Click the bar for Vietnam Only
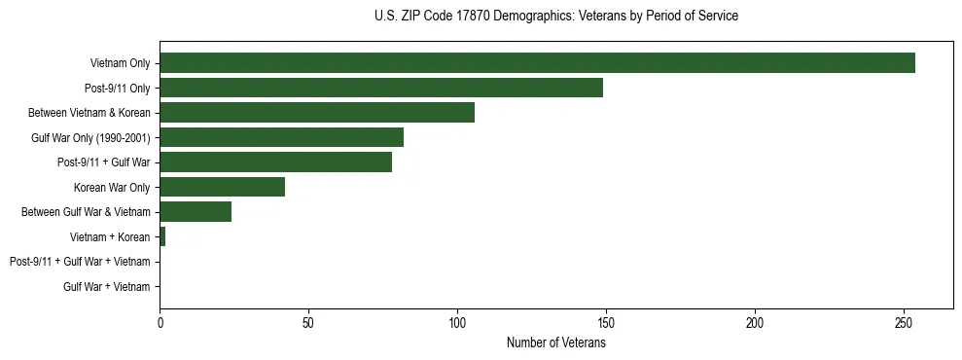click(x=537, y=63)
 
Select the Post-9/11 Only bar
click(x=381, y=89)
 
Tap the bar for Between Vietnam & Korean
click(x=317, y=113)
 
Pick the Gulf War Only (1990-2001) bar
click(x=281, y=138)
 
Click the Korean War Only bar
click(x=222, y=188)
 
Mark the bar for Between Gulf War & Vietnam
click(x=196, y=212)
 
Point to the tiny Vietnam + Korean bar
click(x=162, y=237)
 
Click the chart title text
click(x=555, y=17)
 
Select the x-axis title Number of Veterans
click(x=555, y=343)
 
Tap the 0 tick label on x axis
click(x=160, y=321)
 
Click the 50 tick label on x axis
click(x=308, y=321)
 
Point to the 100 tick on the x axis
click(x=457, y=321)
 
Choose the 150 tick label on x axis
click(x=606, y=321)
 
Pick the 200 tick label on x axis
click(x=755, y=321)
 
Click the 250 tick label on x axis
click(x=904, y=321)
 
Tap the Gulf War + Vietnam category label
click(x=106, y=287)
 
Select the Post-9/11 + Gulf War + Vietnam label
click(x=80, y=262)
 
